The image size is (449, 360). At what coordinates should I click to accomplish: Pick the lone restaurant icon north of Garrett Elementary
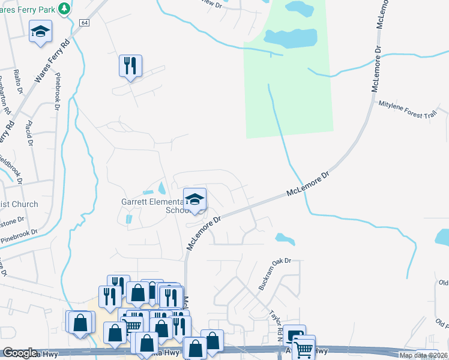tap(130, 65)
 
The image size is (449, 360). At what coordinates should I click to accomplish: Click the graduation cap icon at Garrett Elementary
tap(194, 200)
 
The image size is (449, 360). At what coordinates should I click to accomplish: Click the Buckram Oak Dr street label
tap(274, 274)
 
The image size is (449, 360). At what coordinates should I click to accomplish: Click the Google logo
tap(20, 353)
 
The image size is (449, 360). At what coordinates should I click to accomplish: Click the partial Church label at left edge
tap(18, 204)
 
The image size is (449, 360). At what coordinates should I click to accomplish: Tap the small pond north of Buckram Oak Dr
tap(285, 239)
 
